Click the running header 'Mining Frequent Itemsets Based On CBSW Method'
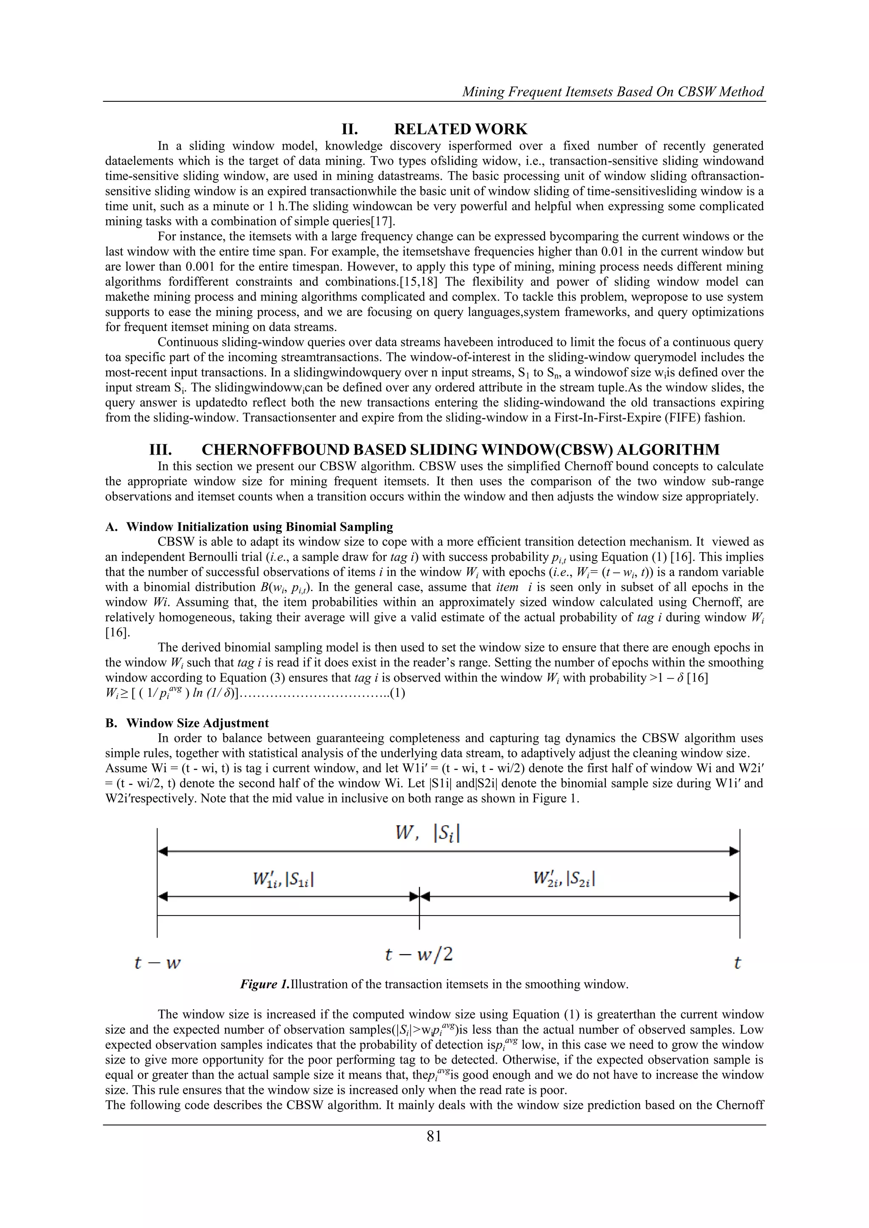[613, 92]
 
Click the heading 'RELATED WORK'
[460, 129]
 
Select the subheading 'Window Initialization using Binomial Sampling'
[260, 527]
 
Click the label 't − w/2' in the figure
[419, 954]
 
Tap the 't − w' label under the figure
[157, 963]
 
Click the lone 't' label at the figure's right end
[737, 963]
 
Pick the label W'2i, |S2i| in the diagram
[564, 879]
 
